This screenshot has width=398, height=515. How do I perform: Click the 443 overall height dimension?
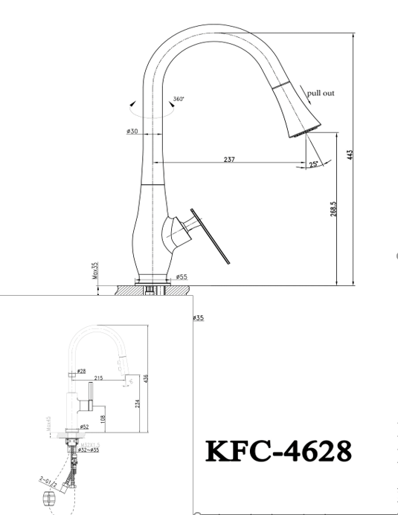[349, 155]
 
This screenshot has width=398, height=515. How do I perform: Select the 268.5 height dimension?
[333, 210]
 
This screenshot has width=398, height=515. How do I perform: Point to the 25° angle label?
[315, 163]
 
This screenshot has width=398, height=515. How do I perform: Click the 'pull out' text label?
[321, 93]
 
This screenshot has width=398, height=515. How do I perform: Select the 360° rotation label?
[179, 99]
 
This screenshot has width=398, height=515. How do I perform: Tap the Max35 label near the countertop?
[96, 270]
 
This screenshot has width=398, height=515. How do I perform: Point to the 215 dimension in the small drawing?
[98, 378]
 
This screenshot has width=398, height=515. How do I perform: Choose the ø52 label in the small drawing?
[86, 426]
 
